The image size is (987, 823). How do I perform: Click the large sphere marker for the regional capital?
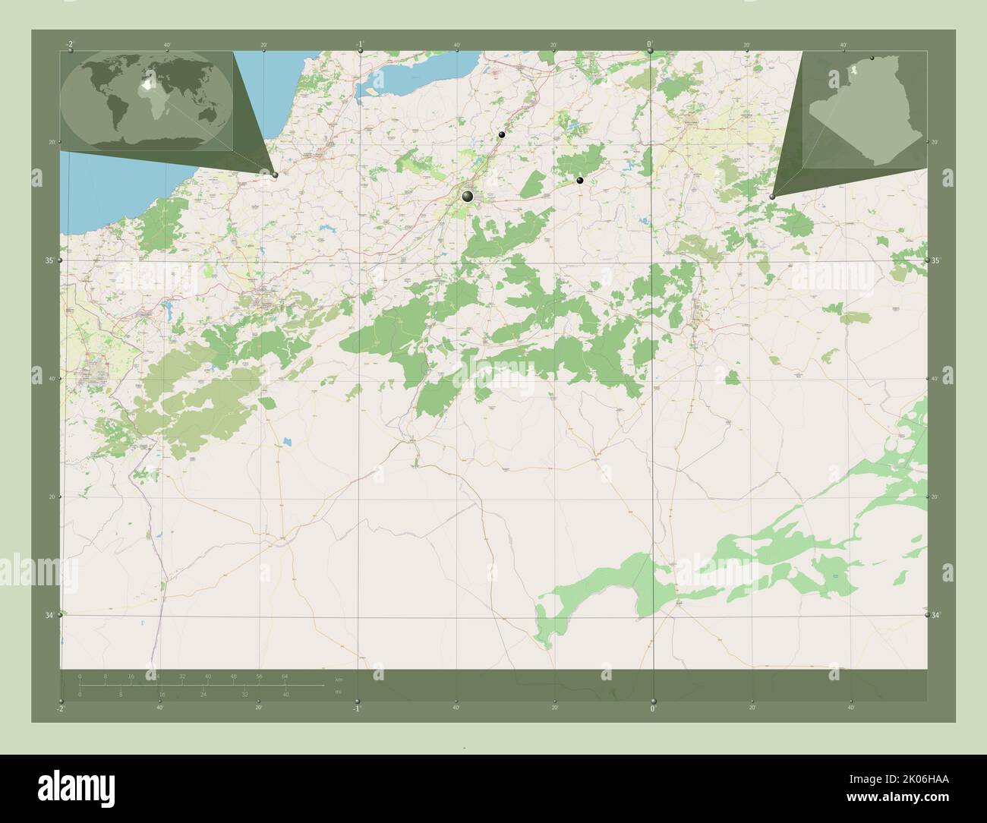467,197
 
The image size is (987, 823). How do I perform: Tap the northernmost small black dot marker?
501,134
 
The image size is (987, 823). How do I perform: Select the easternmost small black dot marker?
580,180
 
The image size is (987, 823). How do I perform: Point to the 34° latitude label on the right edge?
936,615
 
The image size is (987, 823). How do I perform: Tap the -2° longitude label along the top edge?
70,44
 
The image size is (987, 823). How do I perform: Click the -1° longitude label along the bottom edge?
356,708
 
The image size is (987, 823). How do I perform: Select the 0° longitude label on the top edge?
650,44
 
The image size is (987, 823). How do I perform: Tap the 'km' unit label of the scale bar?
339,679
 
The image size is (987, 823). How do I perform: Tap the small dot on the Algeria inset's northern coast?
872,57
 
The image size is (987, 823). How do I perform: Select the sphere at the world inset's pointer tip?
275,175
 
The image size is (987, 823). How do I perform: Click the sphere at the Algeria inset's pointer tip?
772,196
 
